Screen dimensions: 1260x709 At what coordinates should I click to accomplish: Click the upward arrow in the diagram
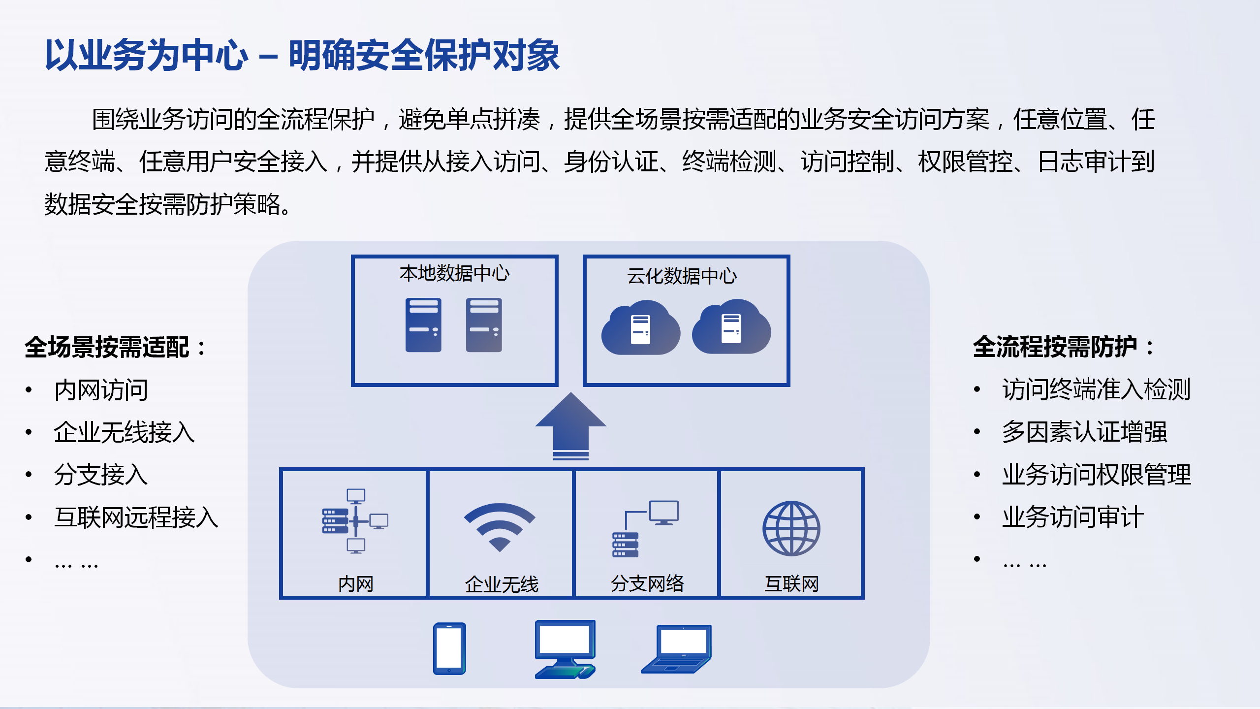(x=571, y=426)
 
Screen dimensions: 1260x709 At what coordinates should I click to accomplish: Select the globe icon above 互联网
(x=791, y=528)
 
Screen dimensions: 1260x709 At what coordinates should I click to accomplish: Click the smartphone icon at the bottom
(x=449, y=648)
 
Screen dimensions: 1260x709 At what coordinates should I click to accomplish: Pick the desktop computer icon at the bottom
(x=566, y=649)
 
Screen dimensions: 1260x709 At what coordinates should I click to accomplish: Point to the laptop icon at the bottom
(x=676, y=649)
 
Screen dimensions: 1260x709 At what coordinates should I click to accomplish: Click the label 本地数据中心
(x=455, y=273)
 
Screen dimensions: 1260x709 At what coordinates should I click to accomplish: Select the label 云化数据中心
(x=682, y=276)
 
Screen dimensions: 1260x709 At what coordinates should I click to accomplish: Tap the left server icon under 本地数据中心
(x=423, y=325)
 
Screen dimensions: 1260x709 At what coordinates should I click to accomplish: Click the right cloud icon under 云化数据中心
(x=731, y=327)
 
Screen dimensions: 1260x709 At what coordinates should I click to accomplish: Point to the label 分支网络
(x=647, y=584)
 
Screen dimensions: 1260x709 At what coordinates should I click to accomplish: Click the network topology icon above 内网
(x=355, y=521)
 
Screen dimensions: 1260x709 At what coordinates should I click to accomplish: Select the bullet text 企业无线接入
(x=125, y=432)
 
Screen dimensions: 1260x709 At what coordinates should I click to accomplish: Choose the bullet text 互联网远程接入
(x=136, y=517)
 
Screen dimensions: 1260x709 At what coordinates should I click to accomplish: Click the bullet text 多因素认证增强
(x=1085, y=432)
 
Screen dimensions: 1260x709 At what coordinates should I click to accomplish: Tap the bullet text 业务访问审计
(x=1073, y=517)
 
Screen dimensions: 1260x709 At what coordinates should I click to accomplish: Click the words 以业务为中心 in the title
(x=147, y=55)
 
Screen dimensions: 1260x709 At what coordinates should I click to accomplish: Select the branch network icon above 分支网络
(x=645, y=529)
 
